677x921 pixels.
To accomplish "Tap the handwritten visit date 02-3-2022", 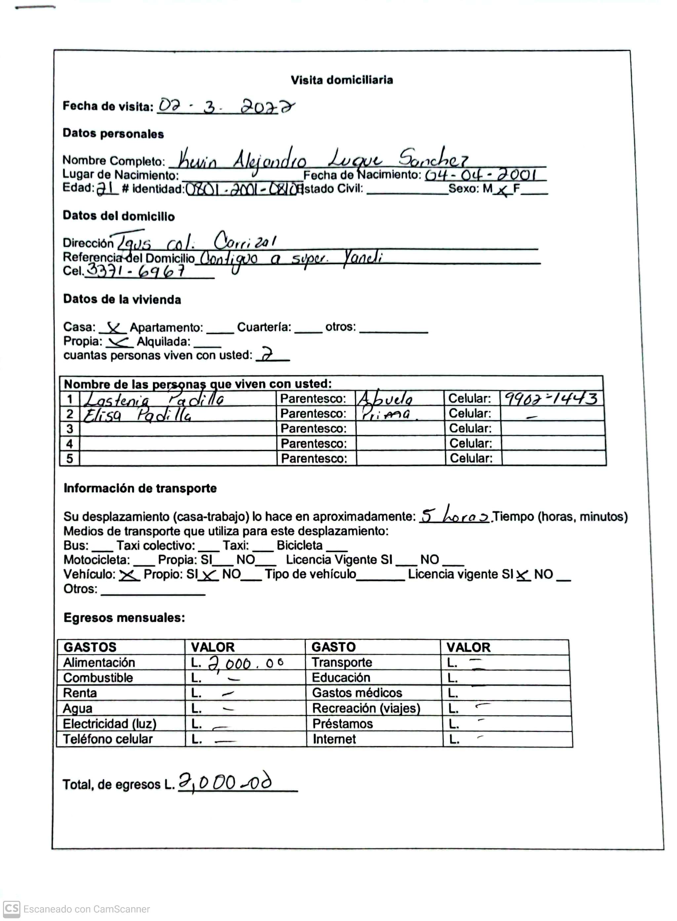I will click(x=226, y=106).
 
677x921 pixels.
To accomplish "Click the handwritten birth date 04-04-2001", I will click(x=480, y=176).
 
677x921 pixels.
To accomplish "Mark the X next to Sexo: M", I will click(x=502, y=191).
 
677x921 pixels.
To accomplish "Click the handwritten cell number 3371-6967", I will click(x=135, y=270).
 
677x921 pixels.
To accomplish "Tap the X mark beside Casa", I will click(x=113, y=328).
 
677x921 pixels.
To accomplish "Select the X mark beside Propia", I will click(x=118, y=341).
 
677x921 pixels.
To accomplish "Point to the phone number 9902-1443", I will click(x=550, y=398).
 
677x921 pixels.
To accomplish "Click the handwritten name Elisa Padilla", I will click(x=137, y=415).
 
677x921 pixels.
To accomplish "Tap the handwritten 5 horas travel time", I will click(x=455, y=515).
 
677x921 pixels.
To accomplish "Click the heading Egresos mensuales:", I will click(x=124, y=618).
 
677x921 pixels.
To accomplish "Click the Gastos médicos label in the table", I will click(x=357, y=693).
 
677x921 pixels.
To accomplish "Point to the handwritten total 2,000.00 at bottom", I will click(x=225, y=783).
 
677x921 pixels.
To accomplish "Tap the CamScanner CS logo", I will click(x=12, y=909).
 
